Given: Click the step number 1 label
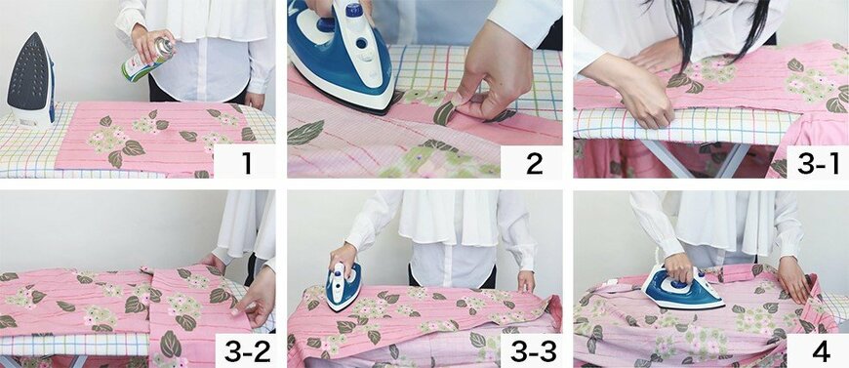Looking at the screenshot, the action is [246, 162].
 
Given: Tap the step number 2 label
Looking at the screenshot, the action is [534, 162].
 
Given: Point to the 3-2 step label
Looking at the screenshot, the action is [247, 352].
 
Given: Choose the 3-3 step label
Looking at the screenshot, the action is [534, 352].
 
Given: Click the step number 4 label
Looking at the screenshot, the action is [821, 352].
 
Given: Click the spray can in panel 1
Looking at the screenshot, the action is [147, 61].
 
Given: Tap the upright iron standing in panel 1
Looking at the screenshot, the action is [31, 80].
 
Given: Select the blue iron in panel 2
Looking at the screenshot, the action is [342, 55].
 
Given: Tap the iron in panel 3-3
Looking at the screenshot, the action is [344, 286].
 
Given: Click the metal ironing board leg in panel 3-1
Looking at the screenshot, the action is [688, 158].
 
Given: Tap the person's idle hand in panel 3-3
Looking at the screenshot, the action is [526, 281].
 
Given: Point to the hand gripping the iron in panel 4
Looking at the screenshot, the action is [679, 267].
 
